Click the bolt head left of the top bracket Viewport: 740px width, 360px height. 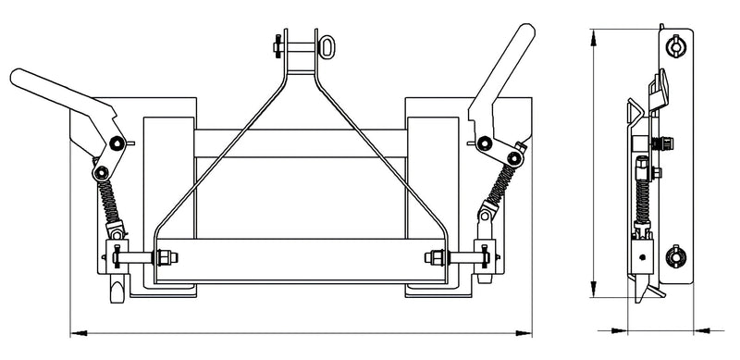pyautogui.click(x=276, y=43)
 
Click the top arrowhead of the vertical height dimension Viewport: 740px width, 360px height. pyautogui.click(x=593, y=34)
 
